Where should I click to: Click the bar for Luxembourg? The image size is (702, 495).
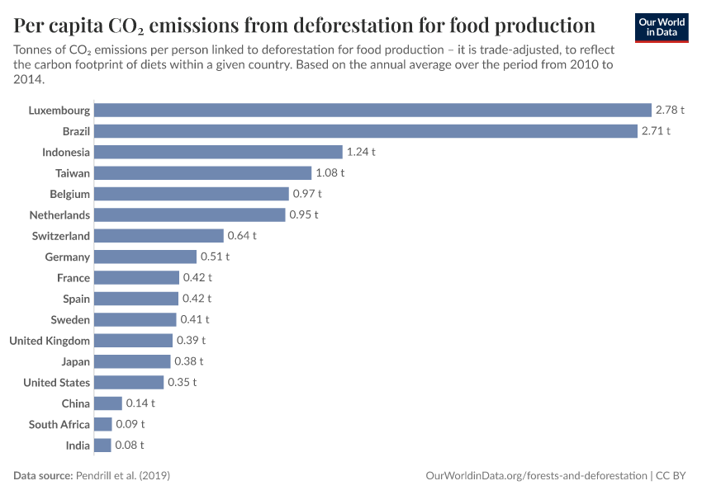coord(372,110)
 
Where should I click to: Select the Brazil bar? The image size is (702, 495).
coord(365,131)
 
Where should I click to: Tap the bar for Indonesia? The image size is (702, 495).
coord(218,152)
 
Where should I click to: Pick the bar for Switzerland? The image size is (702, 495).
coord(159,236)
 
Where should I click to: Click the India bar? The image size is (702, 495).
coord(102,445)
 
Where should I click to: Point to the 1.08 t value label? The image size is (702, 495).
coord(330,173)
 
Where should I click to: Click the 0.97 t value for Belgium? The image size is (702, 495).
coord(306,194)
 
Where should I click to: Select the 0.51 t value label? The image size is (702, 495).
coord(215,257)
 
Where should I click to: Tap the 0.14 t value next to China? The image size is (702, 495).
coord(140,403)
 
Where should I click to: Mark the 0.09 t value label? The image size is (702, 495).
coord(130,424)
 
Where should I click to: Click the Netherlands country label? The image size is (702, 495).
coord(59,214)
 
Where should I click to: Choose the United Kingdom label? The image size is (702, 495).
coord(50,341)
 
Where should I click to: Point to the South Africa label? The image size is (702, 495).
coord(59,424)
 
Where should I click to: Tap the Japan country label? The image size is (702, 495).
coord(75,361)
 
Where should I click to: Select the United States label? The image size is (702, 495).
coord(56,383)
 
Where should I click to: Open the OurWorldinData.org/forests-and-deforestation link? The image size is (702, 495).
coord(536,476)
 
